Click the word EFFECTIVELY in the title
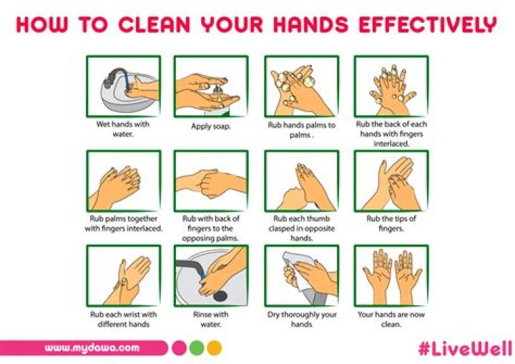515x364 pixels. pyautogui.click(x=428, y=24)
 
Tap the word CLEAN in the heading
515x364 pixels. pyautogui.click(x=154, y=24)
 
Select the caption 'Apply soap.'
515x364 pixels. pyautogui.click(x=210, y=126)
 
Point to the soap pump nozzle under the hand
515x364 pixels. pyautogui.click(x=217, y=89)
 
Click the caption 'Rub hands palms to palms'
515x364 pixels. pyautogui.click(x=301, y=130)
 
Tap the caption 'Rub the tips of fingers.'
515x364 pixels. pyautogui.click(x=391, y=223)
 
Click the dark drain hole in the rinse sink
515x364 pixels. pyautogui.click(x=220, y=296)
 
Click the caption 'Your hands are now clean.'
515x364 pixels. pyautogui.click(x=391, y=319)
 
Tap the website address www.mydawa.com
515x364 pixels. pyautogui.click(x=92, y=348)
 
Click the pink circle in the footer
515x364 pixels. pyautogui.click(x=179, y=348)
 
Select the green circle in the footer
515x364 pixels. pyautogui.click(x=197, y=348)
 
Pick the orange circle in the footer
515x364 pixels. pyautogui.click(x=215, y=348)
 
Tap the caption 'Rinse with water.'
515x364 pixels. pyautogui.click(x=210, y=319)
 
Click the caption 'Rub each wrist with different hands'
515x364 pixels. pyautogui.click(x=124, y=319)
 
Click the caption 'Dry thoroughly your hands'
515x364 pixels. pyautogui.click(x=302, y=319)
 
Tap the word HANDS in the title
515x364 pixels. pyautogui.click(x=310, y=24)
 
